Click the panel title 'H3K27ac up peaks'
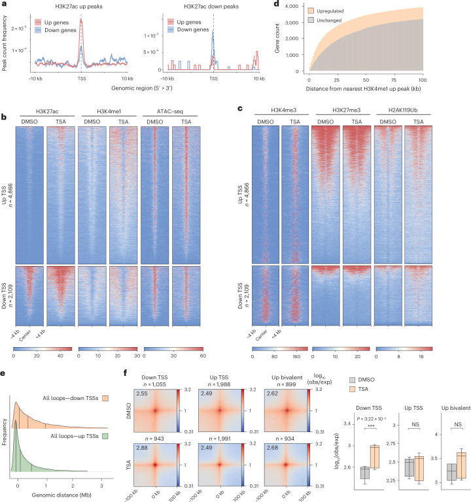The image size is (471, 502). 78,7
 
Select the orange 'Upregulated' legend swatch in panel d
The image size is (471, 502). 311,10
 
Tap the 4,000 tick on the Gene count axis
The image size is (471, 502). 292,6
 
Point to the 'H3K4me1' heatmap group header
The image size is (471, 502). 109,111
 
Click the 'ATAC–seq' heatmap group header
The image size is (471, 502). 170,111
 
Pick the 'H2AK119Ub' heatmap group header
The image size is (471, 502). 403,110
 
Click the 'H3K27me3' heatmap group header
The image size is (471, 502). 346,110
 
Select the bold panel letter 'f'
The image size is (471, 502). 126,373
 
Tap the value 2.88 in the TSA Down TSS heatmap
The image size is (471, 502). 142,448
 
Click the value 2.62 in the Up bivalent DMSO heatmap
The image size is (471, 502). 272,393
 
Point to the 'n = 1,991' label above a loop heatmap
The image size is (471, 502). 220,439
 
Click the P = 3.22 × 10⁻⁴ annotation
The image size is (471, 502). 371,419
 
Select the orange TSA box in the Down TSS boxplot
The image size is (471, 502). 375,457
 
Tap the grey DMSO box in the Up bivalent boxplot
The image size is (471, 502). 451,472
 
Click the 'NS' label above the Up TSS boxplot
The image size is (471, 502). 415,424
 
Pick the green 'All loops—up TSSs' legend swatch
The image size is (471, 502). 105,436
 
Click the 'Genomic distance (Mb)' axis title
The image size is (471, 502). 61,495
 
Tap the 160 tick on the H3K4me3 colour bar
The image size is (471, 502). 296,356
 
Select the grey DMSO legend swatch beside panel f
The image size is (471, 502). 352,380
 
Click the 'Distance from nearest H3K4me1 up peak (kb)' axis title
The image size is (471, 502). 363,89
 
